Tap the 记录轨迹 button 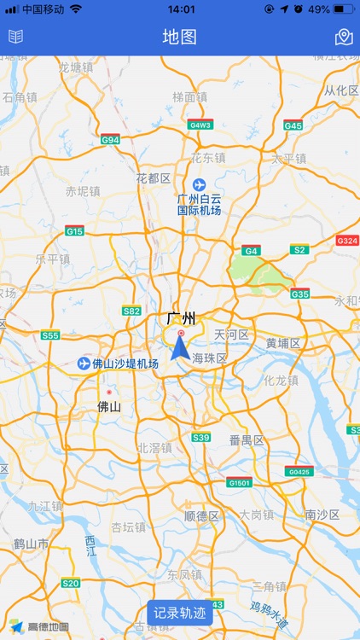(x=180, y=613)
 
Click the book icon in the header (x=16, y=37)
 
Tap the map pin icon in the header (x=344, y=37)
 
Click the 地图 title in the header (x=180, y=37)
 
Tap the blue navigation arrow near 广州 (x=181, y=347)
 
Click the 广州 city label (x=181, y=319)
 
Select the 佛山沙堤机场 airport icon (x=84, y=364)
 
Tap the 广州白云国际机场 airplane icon (x=200, y=184)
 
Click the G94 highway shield (x=111, y=139)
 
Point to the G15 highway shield (x=75, y=231)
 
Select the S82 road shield (x=131, y=311)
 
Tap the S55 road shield (x=50, y=335)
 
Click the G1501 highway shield (x=240, y=483)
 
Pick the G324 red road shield (x=347, y=241)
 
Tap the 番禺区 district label (x=247, y=440)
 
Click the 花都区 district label (x=154, y=178)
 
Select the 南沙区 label (x=322, y=515)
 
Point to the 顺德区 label (x=202, y=516)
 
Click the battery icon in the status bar (x=344, y=9)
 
